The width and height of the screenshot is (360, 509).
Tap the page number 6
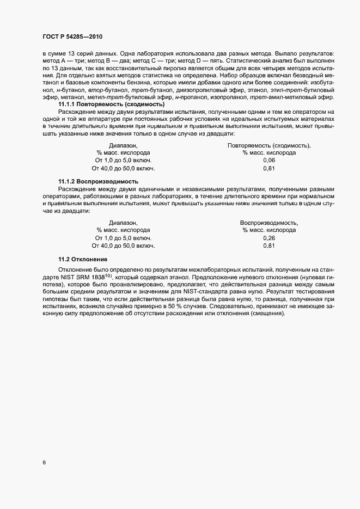coord(44,463)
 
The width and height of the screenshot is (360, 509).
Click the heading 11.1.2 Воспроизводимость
coord(98,181)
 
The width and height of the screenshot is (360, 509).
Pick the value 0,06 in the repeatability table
coord(269,161)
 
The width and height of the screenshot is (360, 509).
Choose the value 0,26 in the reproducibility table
coord(269,238)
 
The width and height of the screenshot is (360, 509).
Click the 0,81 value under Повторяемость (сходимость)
coord(269,169)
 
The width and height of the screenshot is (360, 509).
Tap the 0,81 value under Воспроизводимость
coord(269,246)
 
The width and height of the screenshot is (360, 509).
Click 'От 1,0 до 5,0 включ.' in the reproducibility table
coord(123,238)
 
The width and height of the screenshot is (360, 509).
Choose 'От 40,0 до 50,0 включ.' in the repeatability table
coord(124,169)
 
